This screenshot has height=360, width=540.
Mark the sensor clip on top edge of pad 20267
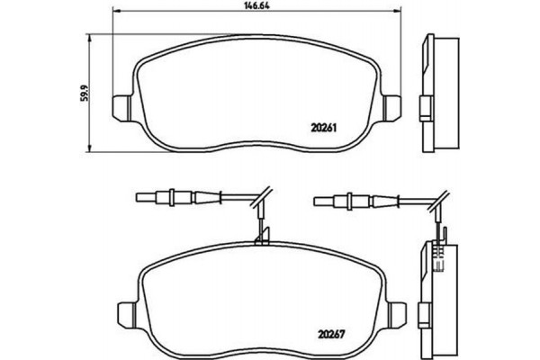[x=263, y=238]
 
